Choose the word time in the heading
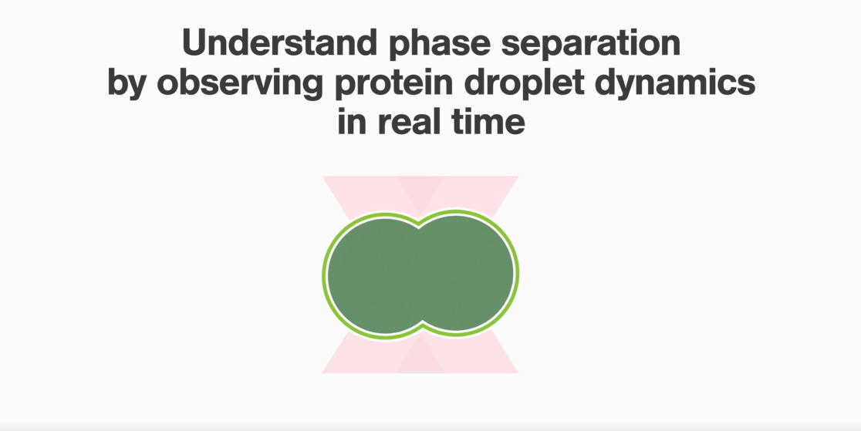[488, 121]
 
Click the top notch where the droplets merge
[419, 224]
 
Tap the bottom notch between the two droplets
[422, 323]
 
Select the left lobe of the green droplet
[373, 274]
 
